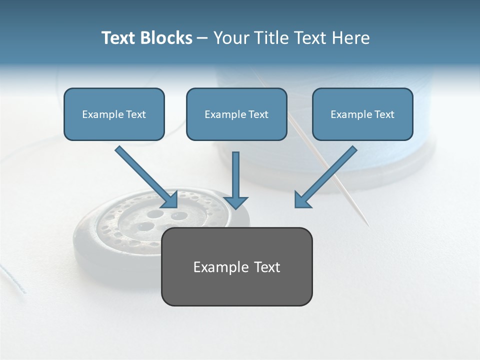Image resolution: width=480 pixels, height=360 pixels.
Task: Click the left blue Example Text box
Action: [114, 114]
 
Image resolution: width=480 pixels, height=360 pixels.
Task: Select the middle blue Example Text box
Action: [236, 114]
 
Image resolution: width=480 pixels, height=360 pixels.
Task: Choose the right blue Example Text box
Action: [362, 114]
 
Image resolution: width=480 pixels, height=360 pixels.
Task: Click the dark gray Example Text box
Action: [236, 266]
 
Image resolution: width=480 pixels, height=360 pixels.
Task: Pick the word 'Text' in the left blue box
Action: [135, 114]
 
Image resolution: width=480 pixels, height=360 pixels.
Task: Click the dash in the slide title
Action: [202, 38]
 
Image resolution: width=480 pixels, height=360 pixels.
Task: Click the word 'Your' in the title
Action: [230, 38]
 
